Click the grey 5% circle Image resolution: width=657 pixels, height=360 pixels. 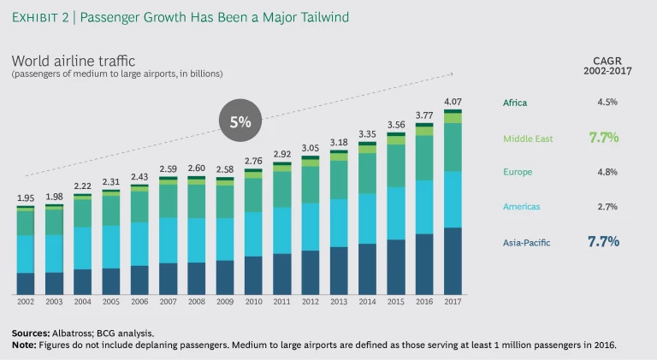(x=240, y=121)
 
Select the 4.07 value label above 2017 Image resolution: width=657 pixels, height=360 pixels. (x=453, y=102)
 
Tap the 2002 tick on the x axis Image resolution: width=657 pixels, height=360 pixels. (x=26, y=302)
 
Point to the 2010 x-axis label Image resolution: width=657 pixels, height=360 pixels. (x=253, y=302)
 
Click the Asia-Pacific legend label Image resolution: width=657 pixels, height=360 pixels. (x=527, y=243)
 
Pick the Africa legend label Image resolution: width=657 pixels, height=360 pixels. (x=515, y=103)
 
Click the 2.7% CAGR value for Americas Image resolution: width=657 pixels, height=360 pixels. (x=607, y=207)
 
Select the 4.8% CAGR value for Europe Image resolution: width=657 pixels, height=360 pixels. (x=607, y=172)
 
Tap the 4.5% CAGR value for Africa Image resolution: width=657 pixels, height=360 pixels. (x=607, y=103)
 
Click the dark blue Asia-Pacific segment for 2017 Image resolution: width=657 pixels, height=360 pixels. (x=453, y=261)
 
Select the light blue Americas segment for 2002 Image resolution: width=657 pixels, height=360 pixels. (x=26, y=254)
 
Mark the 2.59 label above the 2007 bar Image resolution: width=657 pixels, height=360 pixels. (x=169, y=168)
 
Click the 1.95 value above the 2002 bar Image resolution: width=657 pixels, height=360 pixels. (x=26, y=198)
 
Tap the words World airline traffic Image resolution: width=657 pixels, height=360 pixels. (x=74, y=61)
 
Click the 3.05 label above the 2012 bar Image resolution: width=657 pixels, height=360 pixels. (x=310, y=148)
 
